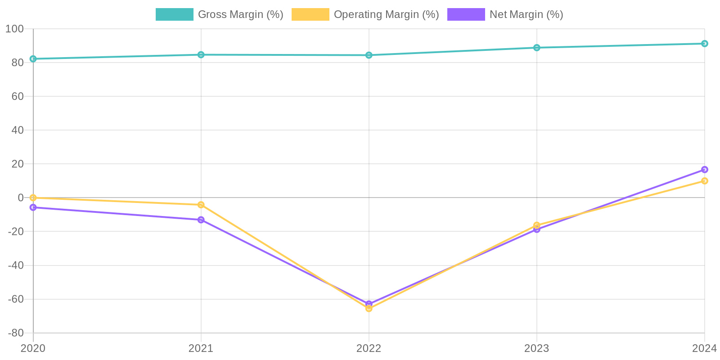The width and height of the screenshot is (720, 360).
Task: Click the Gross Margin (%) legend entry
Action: (219, 14)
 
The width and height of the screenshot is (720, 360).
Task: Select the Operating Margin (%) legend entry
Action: (365, 14)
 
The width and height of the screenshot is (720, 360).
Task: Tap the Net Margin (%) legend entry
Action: (505, 14)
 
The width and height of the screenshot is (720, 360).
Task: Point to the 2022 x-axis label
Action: (369, 348)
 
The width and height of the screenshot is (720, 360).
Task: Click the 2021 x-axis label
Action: (201, 348)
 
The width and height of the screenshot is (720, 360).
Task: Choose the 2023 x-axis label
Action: (536, 348)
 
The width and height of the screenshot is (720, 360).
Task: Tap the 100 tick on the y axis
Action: (14, 29)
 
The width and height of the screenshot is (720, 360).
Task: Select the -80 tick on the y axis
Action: (16, 333)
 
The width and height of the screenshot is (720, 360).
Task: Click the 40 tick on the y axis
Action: (17, 130)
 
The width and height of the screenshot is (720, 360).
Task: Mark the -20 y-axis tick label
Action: (16, 231)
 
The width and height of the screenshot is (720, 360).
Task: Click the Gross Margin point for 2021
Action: (201, 55)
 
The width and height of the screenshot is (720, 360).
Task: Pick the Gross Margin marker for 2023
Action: (536, 48)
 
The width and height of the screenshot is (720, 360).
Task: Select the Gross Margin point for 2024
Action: (704, 44)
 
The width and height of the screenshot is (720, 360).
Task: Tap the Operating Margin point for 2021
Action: (201, 205)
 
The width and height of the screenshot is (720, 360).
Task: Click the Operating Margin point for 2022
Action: (369, 308)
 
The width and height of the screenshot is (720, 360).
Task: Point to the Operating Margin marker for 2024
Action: (704, 181)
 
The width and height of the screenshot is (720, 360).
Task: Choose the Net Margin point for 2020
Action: (33, 207)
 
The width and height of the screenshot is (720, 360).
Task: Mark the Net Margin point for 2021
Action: (201, 220)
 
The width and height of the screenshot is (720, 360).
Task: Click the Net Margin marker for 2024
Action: (704, 170)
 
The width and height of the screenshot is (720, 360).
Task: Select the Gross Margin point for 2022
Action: (369, 55)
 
